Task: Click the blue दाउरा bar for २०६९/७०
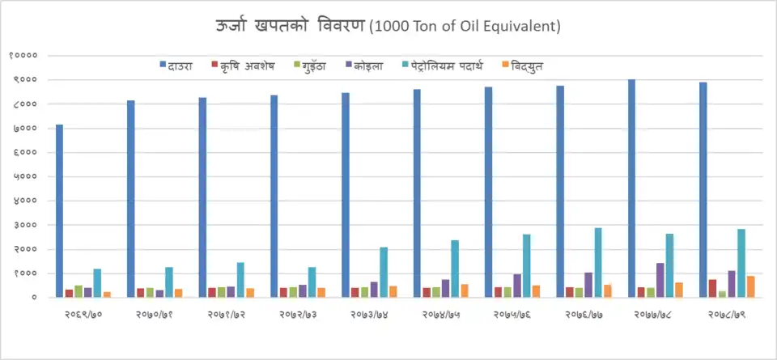59,211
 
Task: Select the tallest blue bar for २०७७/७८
631,188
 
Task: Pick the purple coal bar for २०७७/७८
660,280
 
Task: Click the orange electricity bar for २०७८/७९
751,286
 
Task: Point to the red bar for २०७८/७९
712,288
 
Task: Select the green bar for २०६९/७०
79,291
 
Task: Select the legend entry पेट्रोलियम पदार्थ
448,65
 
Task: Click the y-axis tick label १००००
23,56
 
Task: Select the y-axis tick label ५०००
26,176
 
